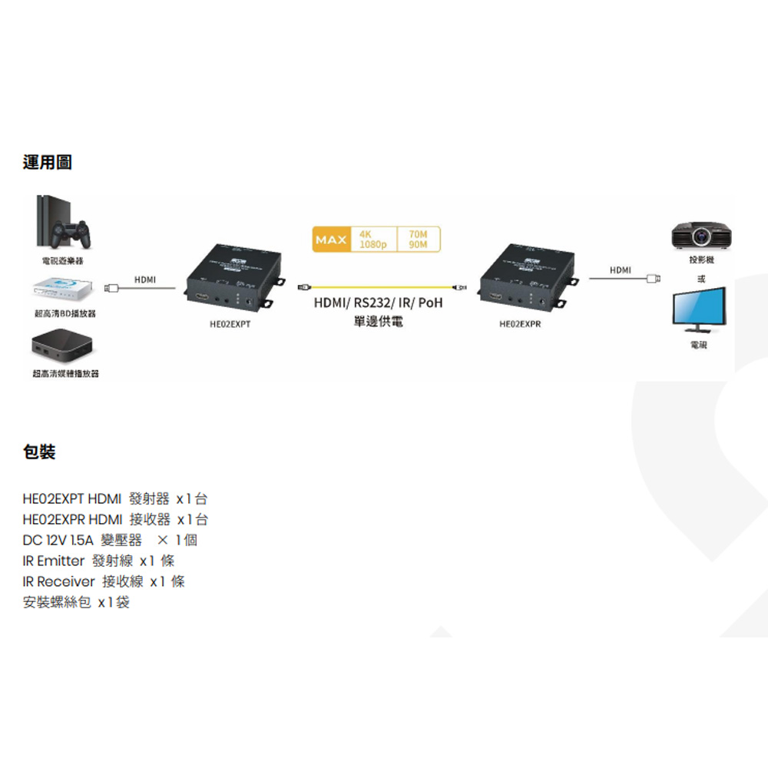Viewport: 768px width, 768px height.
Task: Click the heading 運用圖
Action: click(48, 162)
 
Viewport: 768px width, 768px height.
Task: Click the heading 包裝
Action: click(39, 452)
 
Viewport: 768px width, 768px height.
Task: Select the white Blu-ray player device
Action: click(64, 290)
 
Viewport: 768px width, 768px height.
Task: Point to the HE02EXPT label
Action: click(230, 324)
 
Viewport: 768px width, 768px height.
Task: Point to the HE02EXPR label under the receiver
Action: click(521, 324)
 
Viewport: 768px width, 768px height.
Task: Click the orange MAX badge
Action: click(332, 240)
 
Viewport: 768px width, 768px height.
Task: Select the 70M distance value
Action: click(419, 233)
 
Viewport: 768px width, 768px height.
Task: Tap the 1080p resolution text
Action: click(373, 245)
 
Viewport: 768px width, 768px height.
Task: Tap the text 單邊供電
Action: click(379, 320)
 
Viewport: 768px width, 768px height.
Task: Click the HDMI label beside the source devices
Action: click(144, 280)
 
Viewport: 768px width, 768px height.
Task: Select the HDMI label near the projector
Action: click(621, 270)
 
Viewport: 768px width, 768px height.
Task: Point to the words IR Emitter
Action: click(54, 561)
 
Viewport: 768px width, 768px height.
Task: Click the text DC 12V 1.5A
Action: click(58, 540)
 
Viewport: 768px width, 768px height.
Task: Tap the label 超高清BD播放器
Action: click(65, 314)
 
